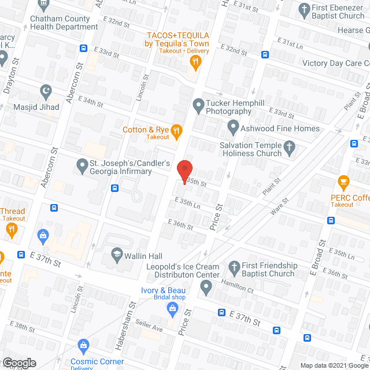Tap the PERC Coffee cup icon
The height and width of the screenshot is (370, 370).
tap(343, 184)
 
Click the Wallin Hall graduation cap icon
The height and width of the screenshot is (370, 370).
tap(116, 256)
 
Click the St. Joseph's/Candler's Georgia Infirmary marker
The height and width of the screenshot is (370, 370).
tap(82, 167)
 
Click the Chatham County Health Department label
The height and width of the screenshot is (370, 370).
tap(61, 23)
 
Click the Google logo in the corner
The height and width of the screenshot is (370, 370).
tap(19, 363)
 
